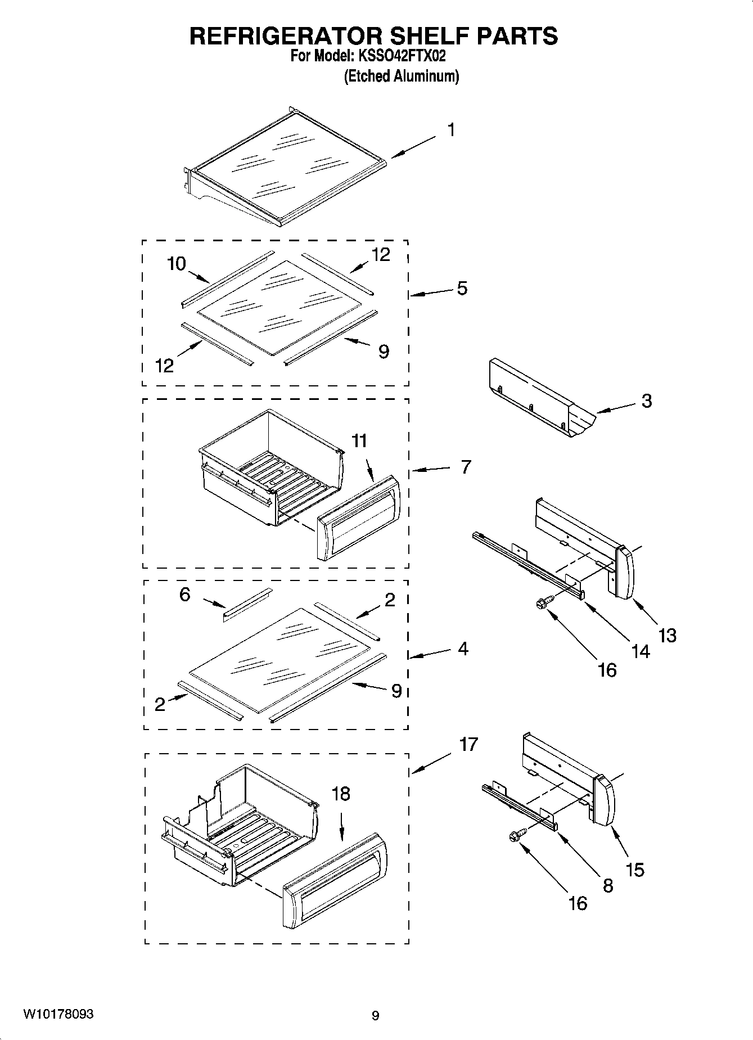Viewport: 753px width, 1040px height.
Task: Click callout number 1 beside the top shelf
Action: click(451, 130)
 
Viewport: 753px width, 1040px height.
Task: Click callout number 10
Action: click(177, 263)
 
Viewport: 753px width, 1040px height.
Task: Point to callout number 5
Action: click(462, 289)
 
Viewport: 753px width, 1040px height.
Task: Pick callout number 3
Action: click(647, 401)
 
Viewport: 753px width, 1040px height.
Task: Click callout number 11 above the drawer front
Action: click(359, 440)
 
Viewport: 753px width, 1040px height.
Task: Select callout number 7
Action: click(466, 467)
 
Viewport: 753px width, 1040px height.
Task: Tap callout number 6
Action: click(185, 595)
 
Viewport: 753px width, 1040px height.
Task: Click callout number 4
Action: click(463, 649)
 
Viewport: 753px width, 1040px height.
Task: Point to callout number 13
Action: click(668, 636)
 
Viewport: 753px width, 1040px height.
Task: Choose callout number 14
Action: click(641, 651)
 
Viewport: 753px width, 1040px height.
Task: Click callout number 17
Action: click(468, 744)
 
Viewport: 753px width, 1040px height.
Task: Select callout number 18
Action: click(341, 794)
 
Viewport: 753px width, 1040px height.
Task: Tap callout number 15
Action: click(635, 870)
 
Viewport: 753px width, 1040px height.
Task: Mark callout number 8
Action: click(608, 886)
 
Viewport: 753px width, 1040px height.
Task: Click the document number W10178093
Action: click(58, 1014)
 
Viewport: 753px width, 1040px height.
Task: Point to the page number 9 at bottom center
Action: click(376, 1016)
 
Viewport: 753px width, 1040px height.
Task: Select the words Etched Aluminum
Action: click(402, 76)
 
